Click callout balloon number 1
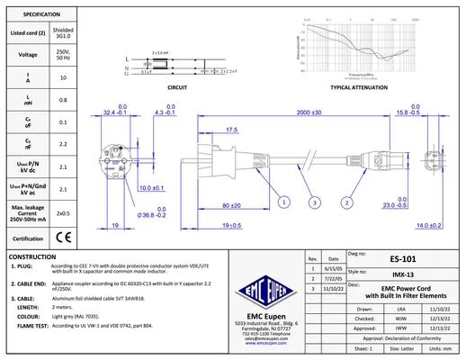tap(283, 203)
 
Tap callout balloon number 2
tap(346, 203)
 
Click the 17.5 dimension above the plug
tap(231, 130)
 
